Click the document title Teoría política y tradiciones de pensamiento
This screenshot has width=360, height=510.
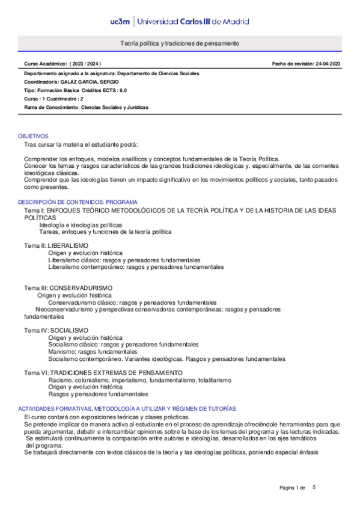(180, 44)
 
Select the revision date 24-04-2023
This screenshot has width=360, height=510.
(328, 63)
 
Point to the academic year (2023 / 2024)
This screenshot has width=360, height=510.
(85, 63)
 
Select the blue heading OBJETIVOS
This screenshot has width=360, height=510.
(33, 137)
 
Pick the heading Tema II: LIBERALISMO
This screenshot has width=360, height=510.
(56, 245)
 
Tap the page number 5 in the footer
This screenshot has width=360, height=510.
(314, 486)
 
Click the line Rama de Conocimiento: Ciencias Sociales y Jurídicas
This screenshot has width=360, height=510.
(86, 107)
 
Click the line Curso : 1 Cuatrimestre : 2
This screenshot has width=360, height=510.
(53, 99)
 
